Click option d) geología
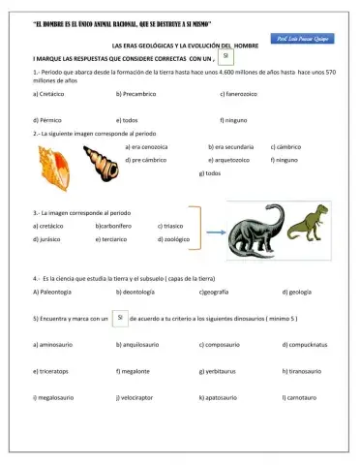point(296,291)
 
